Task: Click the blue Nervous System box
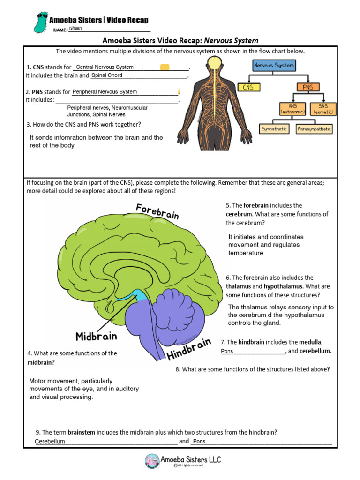point(274,66)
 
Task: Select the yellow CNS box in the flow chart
point(248,87)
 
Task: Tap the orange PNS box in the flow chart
point(307,87)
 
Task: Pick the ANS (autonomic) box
point(293,109)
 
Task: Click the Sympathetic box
point(274,128)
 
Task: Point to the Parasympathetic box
point(314,128)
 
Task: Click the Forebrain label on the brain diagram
point(157,211)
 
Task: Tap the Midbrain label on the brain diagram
point(96,336)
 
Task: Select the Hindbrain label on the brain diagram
point(188,349)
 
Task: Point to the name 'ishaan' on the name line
point(75,28)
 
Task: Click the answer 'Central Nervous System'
point(105,67)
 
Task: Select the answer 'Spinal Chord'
point(107,75)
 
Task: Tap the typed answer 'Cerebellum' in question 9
point(50,442)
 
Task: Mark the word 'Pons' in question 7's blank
point(227,351)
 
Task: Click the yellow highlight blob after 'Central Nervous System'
point(165,67)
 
